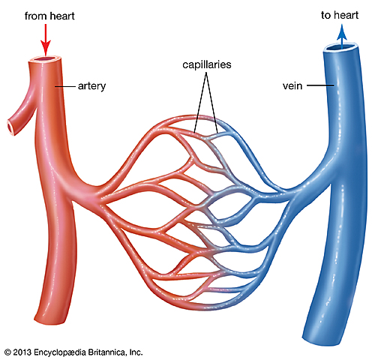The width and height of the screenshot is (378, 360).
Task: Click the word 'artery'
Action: [x=90, y=86]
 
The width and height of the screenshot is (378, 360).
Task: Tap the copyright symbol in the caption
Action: [x=7, y=351]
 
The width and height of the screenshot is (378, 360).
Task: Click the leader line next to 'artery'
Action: [x=66, y=86]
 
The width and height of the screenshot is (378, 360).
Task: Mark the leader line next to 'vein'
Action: [x=319, y=86]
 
